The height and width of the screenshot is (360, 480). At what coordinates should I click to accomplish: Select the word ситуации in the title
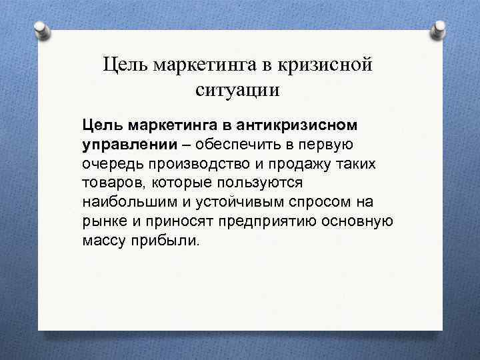click(237, 90)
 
